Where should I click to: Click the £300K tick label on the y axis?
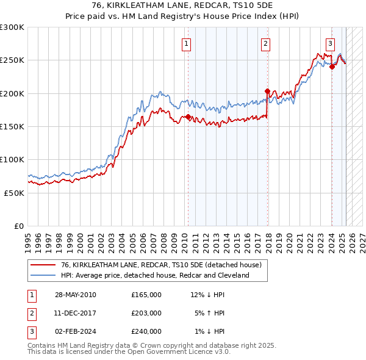12,27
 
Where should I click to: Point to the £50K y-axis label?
14,193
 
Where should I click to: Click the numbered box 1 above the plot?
185,43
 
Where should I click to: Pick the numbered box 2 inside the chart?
266,43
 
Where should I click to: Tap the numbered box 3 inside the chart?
330,43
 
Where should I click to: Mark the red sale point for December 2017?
267,92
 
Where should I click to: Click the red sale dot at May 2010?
188,117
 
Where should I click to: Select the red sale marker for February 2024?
332,67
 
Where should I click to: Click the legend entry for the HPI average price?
155,275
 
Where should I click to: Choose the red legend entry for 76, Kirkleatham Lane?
161,265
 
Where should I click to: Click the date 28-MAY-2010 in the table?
75,295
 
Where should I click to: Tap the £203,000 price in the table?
146,313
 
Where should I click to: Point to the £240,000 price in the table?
146,331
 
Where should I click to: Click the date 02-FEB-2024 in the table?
75,331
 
